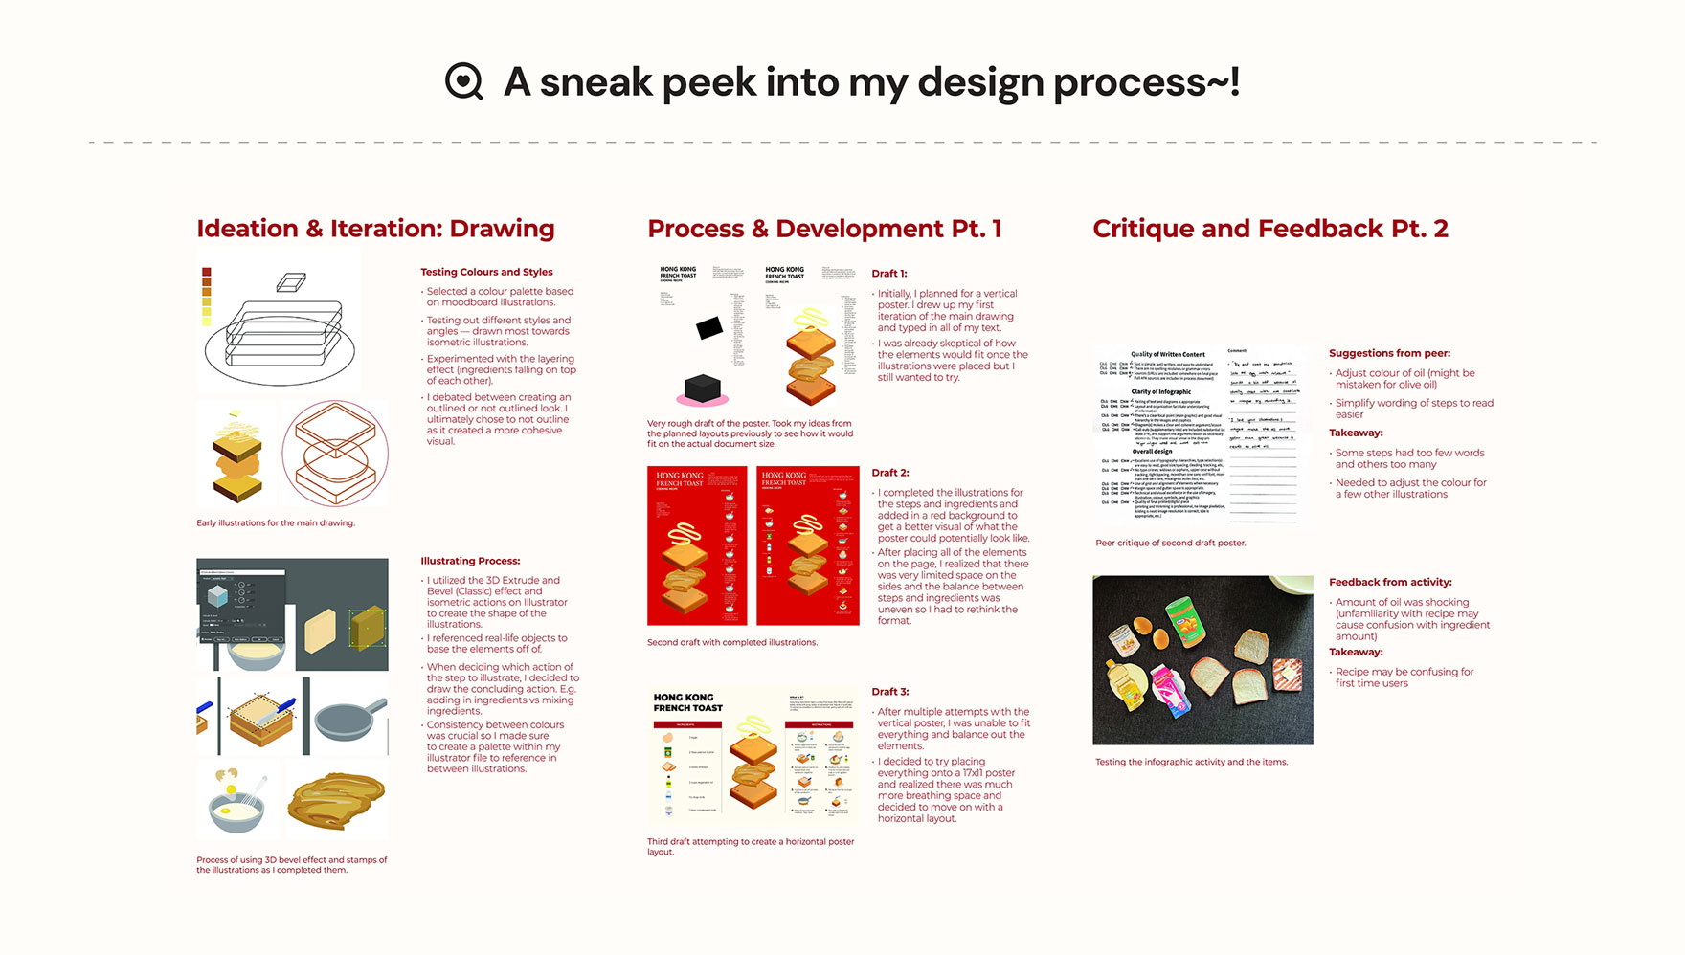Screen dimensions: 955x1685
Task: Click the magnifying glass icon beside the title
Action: point(464,82)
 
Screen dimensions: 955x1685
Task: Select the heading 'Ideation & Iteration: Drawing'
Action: point(375,229)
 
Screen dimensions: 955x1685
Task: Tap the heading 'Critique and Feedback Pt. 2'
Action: point(1269,229)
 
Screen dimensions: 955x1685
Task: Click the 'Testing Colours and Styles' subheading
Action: point(486,272)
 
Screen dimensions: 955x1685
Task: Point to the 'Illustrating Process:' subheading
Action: point(470,561)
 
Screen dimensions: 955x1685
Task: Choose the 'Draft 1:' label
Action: point(888,274)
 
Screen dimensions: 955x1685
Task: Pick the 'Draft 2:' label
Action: point(889,473)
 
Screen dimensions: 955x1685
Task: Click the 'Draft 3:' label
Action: point(889,692)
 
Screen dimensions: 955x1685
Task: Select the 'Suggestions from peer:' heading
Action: point(1388,353)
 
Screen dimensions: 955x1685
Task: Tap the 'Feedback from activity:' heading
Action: point(1389,582)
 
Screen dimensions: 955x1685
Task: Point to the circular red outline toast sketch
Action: point(335,454)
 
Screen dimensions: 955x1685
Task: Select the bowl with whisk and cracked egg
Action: point(236,802)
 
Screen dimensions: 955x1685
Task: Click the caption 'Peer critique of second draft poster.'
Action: point(1170,543)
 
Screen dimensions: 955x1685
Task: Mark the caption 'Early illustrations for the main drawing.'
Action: point(275,523)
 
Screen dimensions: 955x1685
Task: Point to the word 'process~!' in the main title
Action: point(1146,82)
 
